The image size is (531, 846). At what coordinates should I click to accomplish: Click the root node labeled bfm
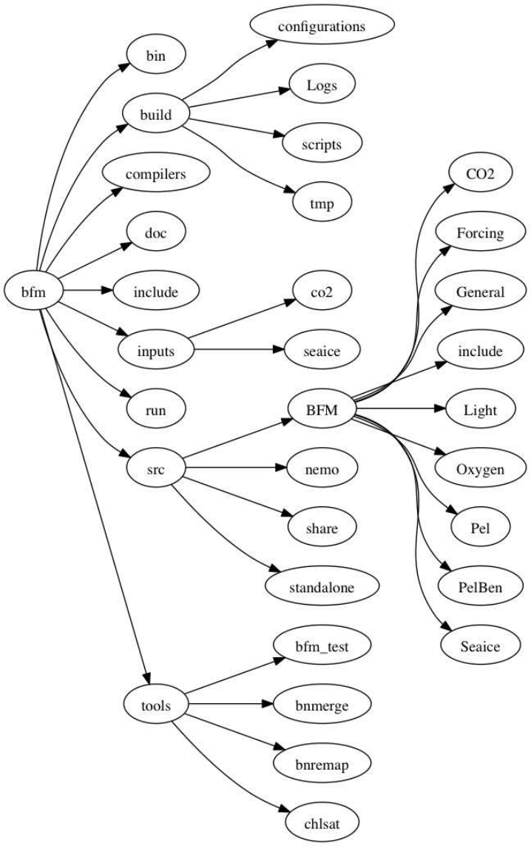[x=33, y=292]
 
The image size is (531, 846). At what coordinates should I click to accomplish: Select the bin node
[x=155, y=56]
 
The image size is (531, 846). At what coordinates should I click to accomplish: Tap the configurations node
[x=321, y=27]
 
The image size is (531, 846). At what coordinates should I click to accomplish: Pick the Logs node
[x=321, y=86]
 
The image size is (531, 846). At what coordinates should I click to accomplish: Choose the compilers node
[x=155, y=175]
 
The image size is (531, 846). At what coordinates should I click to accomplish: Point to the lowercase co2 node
[x=321, y=292]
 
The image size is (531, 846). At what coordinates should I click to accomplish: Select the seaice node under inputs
[x=321, y=351]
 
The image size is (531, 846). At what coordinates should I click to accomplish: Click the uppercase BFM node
[x=321, y=409]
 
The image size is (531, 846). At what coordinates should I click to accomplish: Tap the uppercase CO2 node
[x=481, y=174]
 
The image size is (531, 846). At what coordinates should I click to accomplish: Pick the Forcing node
[x=481, y=233]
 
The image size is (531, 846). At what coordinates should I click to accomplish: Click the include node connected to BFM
[x=481, y=351]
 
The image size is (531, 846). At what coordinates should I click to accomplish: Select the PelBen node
[x=481, y=587]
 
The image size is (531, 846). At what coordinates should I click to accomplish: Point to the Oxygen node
[x=481, y=469]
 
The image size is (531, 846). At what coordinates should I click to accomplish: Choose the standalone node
[x=321, y=587]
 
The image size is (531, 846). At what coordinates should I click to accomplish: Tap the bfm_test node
[x=321, y=646]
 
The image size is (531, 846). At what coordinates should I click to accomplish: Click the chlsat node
[x=321, y=822]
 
